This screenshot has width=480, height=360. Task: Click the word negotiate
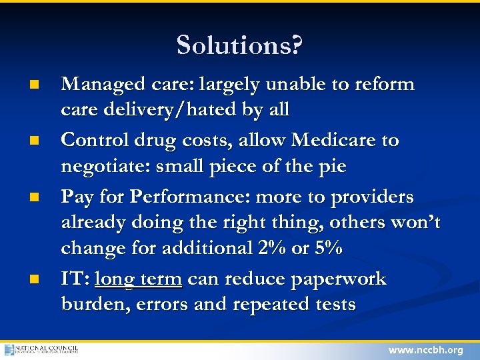105,166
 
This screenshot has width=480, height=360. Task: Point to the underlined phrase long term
138,279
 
